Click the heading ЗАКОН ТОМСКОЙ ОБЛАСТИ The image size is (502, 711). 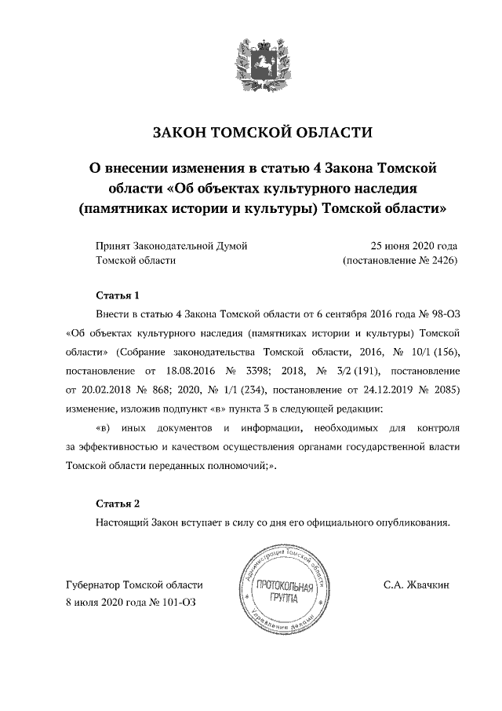pyautogui.click(x=251, y=132)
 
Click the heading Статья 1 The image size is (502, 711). pyautogui.click(x=117, y=296)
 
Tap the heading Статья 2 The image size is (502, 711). pyautogui.click(x=117, y=504)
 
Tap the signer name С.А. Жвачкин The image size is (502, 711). pyautogui.click(x=416, y=585)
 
